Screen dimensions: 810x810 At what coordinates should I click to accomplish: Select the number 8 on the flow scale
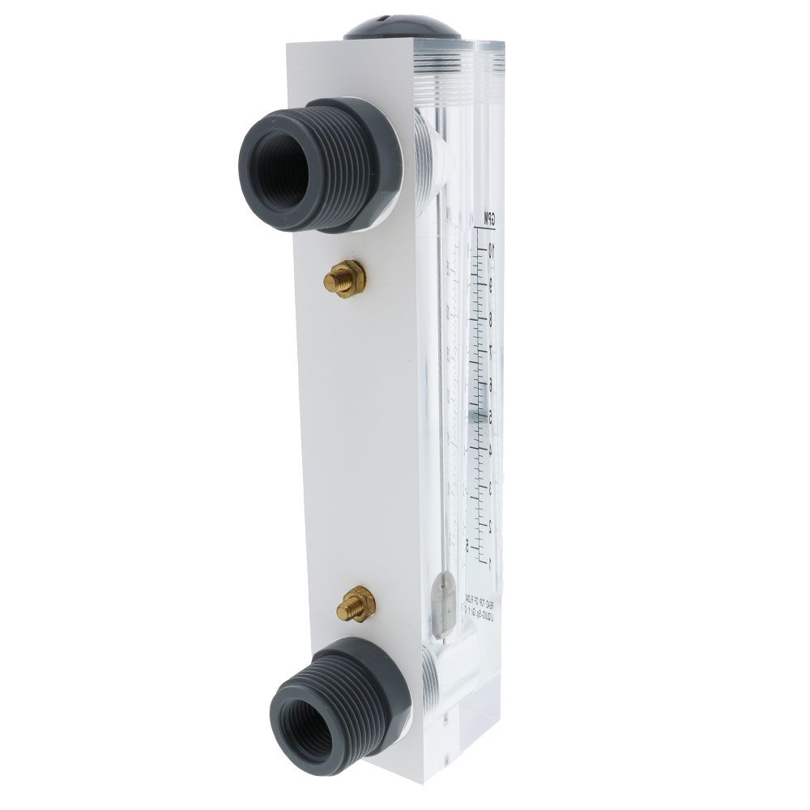pyautogui.click(x=491, y=318)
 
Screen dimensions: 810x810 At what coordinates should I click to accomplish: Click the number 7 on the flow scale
pyautogui.click(x=491, y=352)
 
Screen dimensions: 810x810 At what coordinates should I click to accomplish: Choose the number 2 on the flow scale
pyautogui.click(x=491, y=525)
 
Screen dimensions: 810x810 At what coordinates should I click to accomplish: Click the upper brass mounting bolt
pyautogui.click(x=344, y=279)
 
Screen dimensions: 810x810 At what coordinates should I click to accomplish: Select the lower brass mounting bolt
pyautogui.click(x=356, y=604)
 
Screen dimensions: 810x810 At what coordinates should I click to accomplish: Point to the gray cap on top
pyautogui.click(x=402, y=24)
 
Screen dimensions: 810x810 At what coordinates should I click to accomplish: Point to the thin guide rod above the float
pyautogui.click(x=441, y=405)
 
